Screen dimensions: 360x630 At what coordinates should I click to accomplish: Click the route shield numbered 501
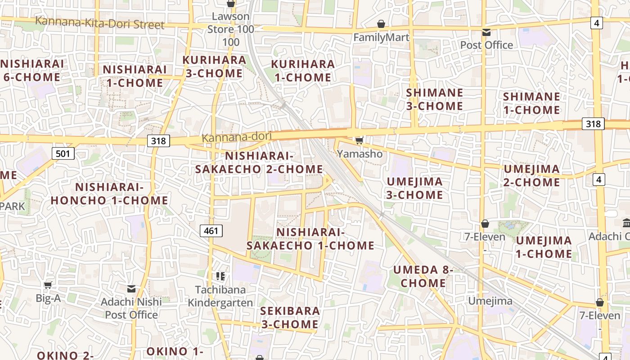click(63, 154)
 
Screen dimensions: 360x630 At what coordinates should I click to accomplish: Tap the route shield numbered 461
click(211, 231)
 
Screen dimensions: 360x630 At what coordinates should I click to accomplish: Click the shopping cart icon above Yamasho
click(359, 141)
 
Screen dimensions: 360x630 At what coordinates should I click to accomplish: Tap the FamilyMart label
click(381, 37)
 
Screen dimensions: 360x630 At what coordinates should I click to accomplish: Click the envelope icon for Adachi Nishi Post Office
click(131, 288)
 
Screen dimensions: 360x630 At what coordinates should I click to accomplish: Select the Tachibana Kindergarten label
click(220, 296)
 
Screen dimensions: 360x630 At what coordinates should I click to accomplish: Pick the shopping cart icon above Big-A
click(48, 284)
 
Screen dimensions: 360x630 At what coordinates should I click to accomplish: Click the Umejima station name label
click(490, 301)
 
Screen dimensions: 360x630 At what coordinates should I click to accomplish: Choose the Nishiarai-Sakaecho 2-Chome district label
click(259, 162)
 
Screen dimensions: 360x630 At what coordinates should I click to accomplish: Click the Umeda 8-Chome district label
click(423, 276)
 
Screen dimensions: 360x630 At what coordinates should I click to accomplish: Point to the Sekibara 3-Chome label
click(290, 318)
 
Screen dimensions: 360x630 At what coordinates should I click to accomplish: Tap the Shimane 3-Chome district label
click(434, 99)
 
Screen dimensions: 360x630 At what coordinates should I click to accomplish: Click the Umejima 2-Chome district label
click(531, 175)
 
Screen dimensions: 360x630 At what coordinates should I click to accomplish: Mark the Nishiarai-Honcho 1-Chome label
click(109, 193)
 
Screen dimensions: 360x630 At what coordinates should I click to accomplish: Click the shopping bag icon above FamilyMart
click(381, 24)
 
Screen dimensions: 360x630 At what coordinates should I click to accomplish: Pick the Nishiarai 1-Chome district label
click(135, 76)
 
